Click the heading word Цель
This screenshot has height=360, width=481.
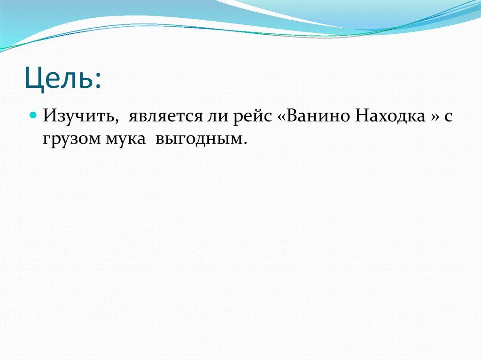(59, 79)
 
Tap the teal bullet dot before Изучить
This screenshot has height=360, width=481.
(33, 115)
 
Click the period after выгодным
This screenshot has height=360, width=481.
(245, 143)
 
